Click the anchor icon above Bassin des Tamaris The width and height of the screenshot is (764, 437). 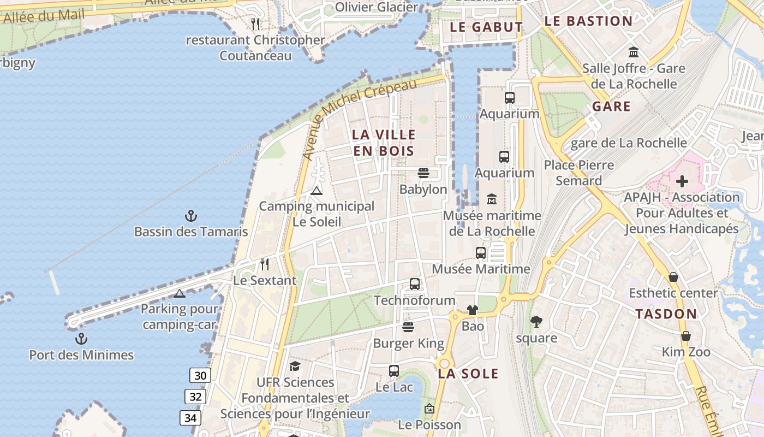[x=190, y=216]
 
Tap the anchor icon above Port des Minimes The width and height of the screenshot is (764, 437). [x=81, y=339]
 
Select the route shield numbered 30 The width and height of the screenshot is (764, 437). [x=201, y=375]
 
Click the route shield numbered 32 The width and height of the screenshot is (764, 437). [x=195, y=397]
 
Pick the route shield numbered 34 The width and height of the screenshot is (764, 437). [x=190, y=418]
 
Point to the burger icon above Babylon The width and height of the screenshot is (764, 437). [x=423, y=174]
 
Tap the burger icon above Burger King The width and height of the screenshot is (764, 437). [x=408, y=327]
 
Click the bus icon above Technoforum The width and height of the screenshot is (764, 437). [x=415, y=284]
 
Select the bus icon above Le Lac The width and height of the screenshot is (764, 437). [x=394, y=371]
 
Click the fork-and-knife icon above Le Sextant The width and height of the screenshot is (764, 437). [x=265, y=264]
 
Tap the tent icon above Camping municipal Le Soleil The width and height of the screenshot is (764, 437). [x=317, y=191]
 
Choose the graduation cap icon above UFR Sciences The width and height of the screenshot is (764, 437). [x=295, y=366]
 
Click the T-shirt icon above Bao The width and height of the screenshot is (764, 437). [x=473, y=310]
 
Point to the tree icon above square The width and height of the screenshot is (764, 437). [x=536, y=322]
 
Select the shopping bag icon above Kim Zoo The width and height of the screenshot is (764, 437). [x=686, y=336]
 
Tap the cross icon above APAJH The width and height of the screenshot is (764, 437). [x=682, y=181]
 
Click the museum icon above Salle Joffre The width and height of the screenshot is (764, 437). [x=634, y=52]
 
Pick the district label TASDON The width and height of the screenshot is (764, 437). [x=666, y=314]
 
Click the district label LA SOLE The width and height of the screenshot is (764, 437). [x=468, y=374]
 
